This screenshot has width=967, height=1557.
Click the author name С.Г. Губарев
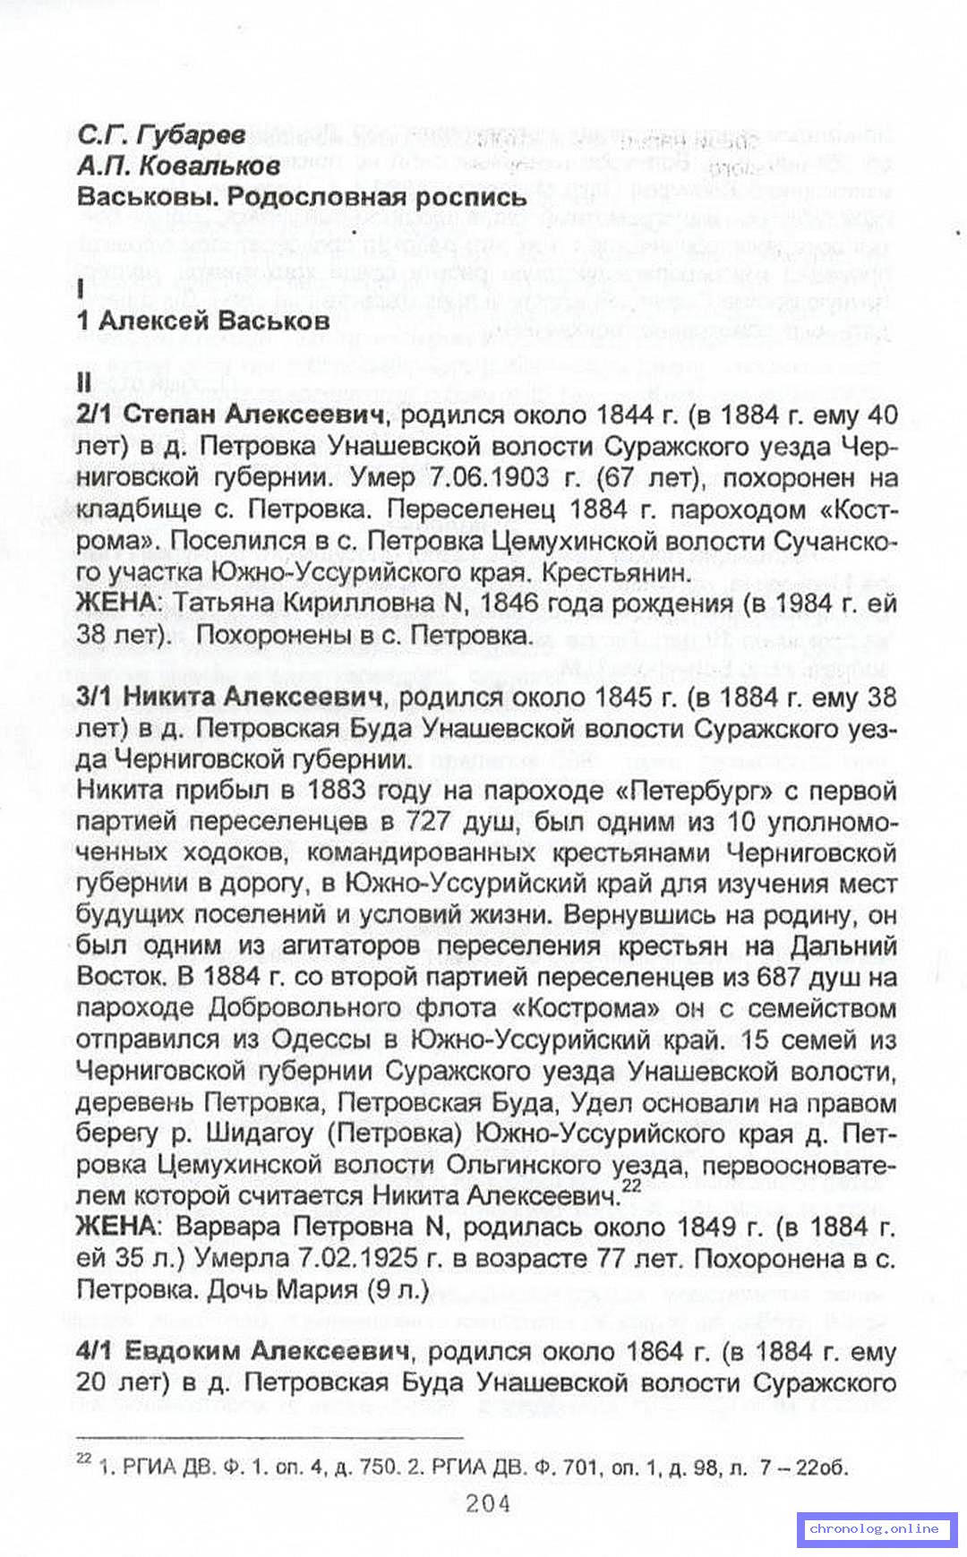tap(161, 135)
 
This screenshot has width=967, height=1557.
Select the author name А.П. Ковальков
tap(178, 166)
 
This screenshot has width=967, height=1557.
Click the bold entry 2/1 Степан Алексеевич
tap(233, 415)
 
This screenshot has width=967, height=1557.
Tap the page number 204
tap(488, 1502)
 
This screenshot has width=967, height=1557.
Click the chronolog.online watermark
tap(875, 1528)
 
